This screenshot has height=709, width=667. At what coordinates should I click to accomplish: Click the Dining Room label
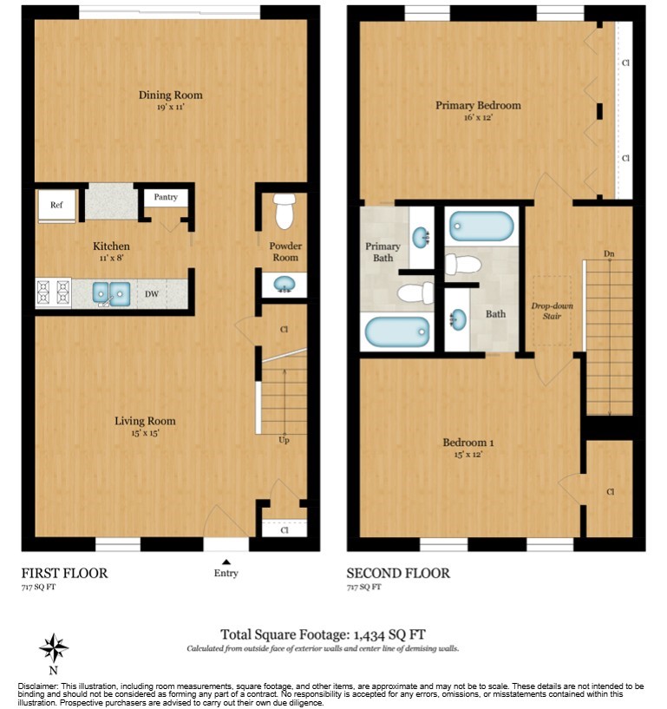pos(170,95)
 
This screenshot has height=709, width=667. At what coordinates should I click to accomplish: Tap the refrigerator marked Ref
pos(56,206)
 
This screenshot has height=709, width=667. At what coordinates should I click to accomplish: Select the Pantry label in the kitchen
pos(166,198)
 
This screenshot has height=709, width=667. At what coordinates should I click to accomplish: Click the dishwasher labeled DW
pos(152,294)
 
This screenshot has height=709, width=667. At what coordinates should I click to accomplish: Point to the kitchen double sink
pos(112,293)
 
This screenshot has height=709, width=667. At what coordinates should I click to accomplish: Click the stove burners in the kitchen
pos(53,293)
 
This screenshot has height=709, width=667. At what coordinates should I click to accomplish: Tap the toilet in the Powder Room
pos(284,210)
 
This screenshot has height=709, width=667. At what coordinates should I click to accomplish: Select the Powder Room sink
pos(284,283)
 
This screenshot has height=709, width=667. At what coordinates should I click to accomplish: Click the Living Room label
pos(145,422)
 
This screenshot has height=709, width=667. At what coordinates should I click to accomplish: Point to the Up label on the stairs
pos(284,441)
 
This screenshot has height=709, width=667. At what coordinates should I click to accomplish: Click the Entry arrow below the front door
pos(226,562)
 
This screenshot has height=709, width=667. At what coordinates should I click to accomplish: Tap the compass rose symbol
pos(54,648)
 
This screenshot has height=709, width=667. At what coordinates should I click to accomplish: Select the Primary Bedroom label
pos(478,106)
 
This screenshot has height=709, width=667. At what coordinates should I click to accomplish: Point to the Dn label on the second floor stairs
pos(609,253)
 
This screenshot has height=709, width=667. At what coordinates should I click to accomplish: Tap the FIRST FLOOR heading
pos(65,574)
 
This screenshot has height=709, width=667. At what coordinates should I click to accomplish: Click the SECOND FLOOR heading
pos(398,574)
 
